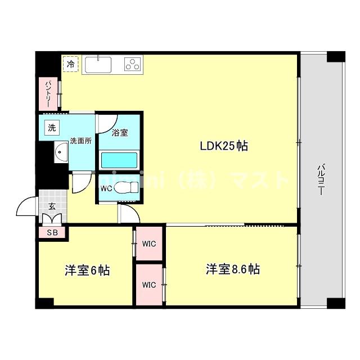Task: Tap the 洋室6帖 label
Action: pos(87,271)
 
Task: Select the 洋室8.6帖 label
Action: pos(232,269)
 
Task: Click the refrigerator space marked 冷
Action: pos(71,65)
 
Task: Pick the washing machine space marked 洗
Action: pos(52,128)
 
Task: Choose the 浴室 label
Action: pos(119,133)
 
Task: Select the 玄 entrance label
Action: pos(52,206)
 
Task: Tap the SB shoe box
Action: pos(52,232)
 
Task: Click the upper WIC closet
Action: pos(149,244)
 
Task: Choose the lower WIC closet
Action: pos(149,285)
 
